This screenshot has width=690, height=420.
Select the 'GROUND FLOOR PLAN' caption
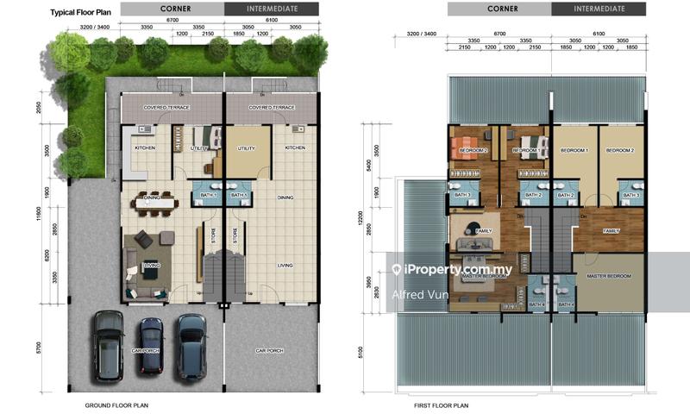pos(119,404)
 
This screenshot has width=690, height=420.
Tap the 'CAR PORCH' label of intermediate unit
pos(269,351)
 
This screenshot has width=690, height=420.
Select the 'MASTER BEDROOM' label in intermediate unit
pos(610,276)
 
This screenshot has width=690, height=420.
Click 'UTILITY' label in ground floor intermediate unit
pos(246,148)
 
